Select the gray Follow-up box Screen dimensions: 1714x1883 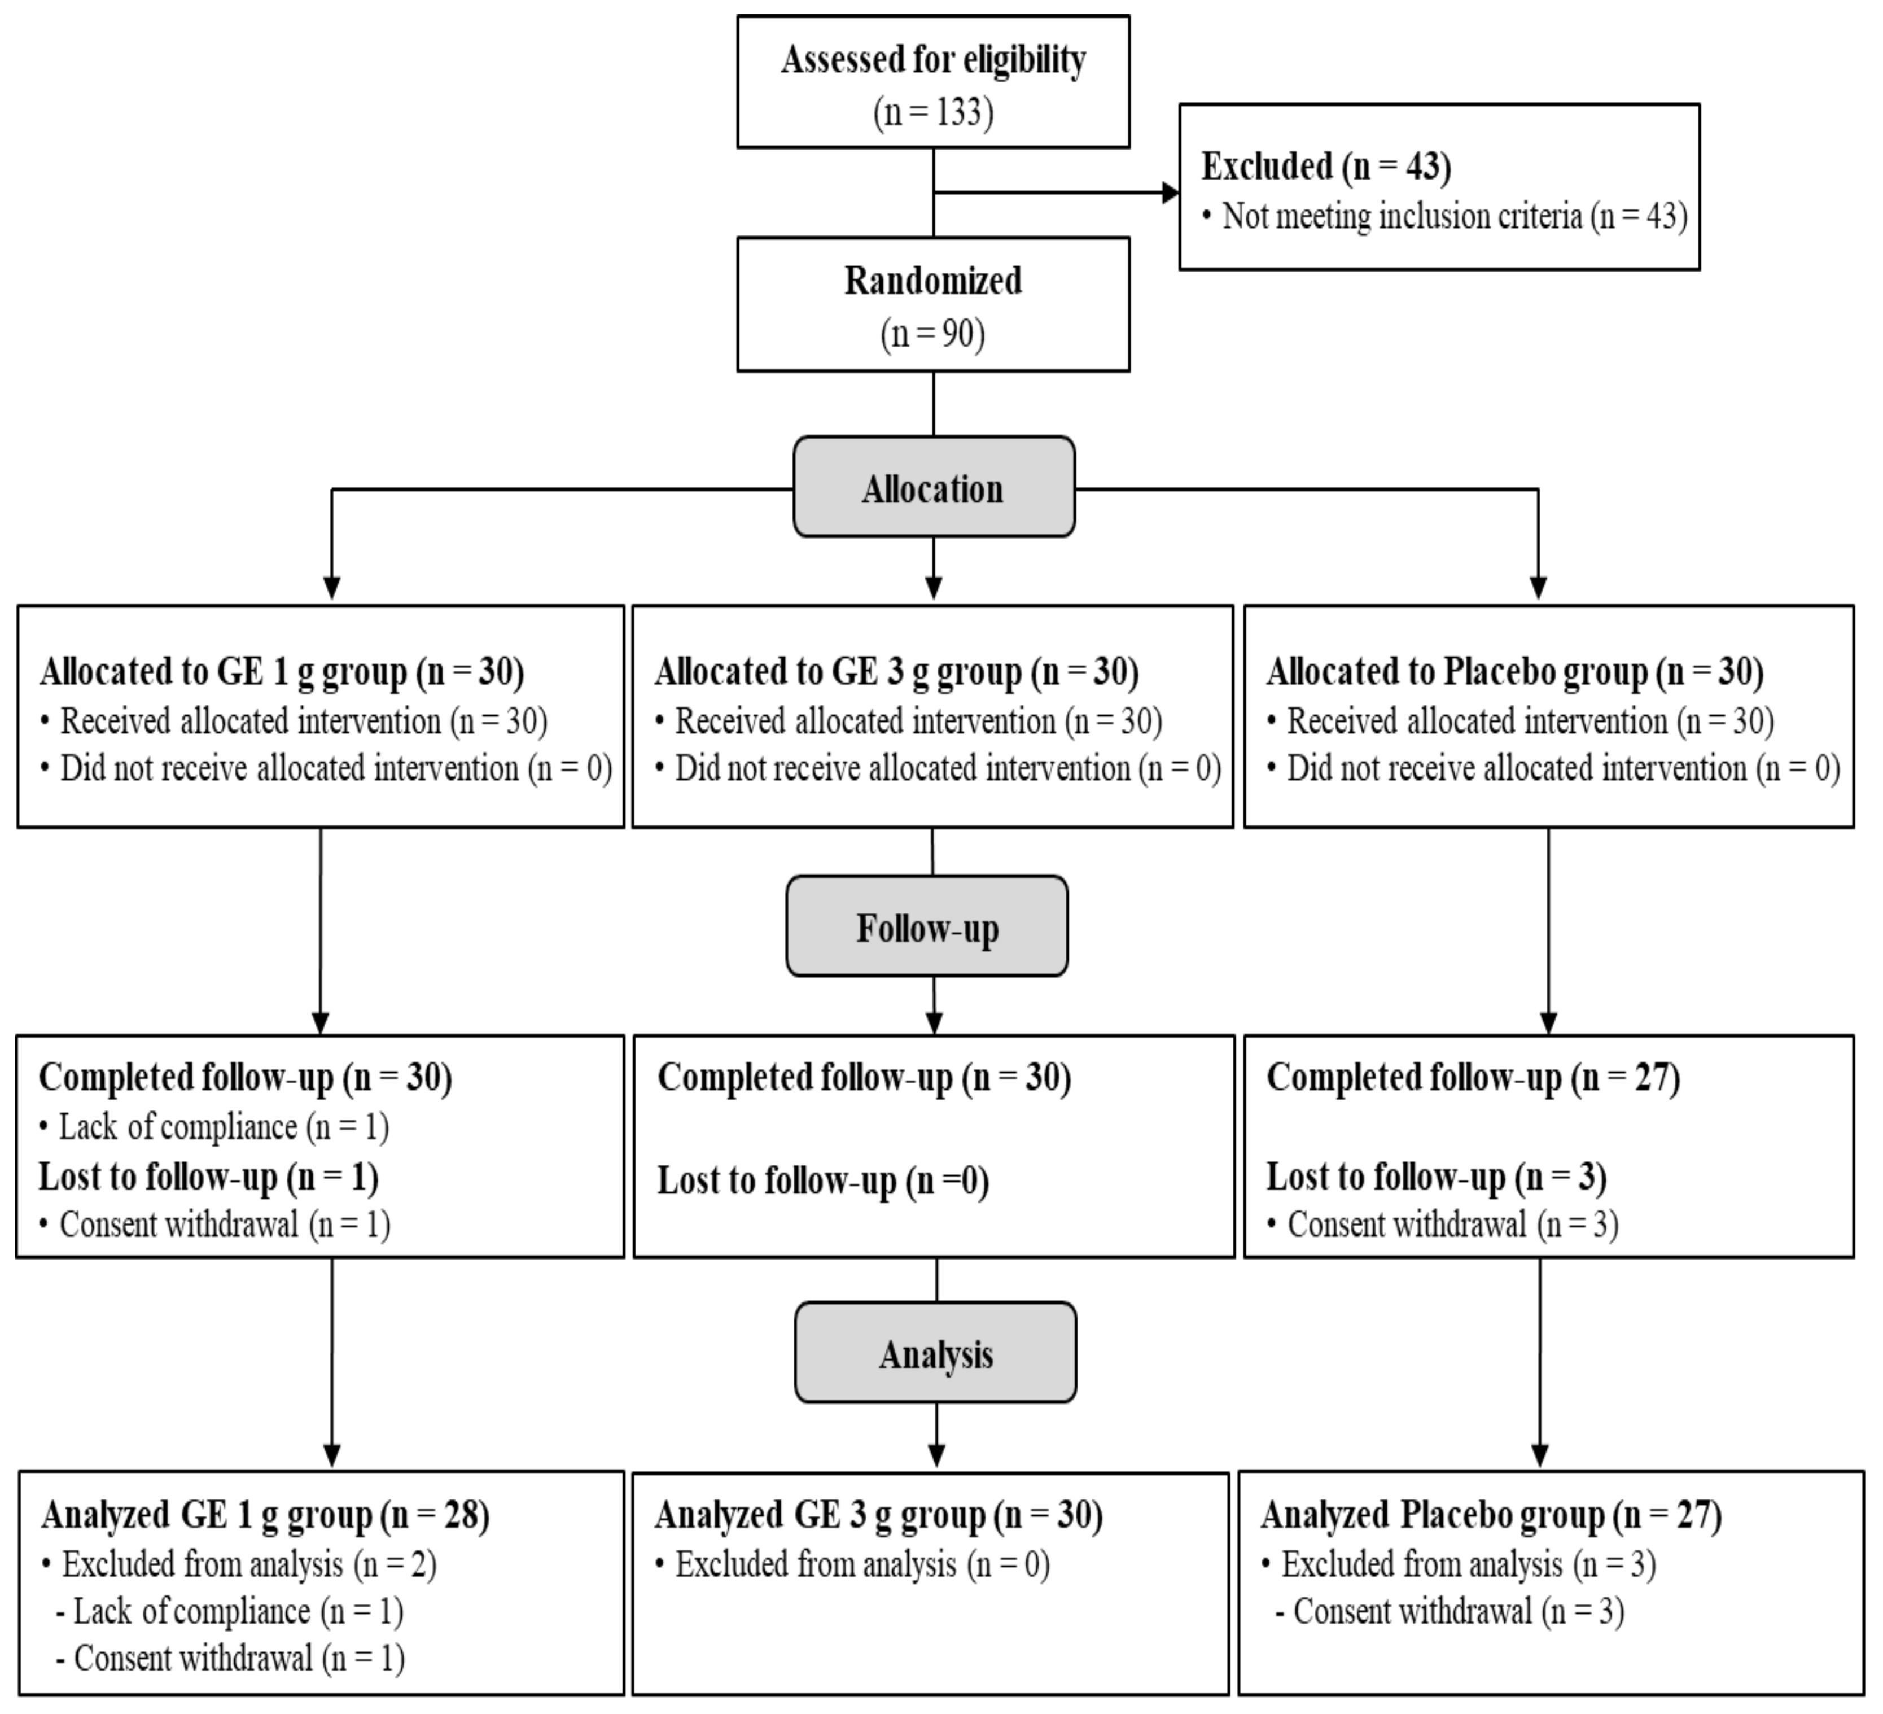pyautogui.click(x=927, y=926)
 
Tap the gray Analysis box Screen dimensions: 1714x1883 pyautogui.click(x=935, y=1353)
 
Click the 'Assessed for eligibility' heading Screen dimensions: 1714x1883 pyautogui.click(x=933, y=60)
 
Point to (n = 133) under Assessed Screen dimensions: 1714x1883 pyautogui.click(x=933, y=113)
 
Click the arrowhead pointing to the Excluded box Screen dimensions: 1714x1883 pyautogui.click(x=1170, y=193)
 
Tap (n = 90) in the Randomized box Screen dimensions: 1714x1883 pyautogui.click(x=933, y=334)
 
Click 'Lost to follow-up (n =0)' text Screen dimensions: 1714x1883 pyautogui.click(x=823, y=1180)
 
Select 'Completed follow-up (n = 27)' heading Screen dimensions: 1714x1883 pyautogui.click(x=1472, y=1078)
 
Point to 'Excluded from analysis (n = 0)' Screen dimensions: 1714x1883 pyautogui.click(x=861, y=1564)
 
